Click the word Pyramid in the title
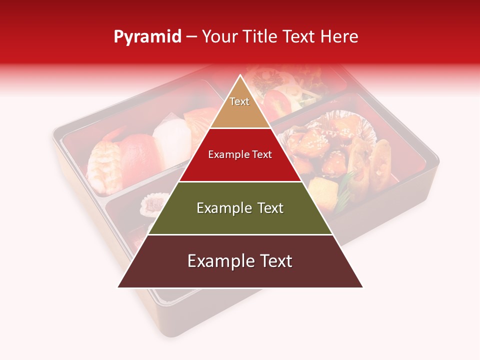point(147,36)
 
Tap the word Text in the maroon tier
point(274,261)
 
